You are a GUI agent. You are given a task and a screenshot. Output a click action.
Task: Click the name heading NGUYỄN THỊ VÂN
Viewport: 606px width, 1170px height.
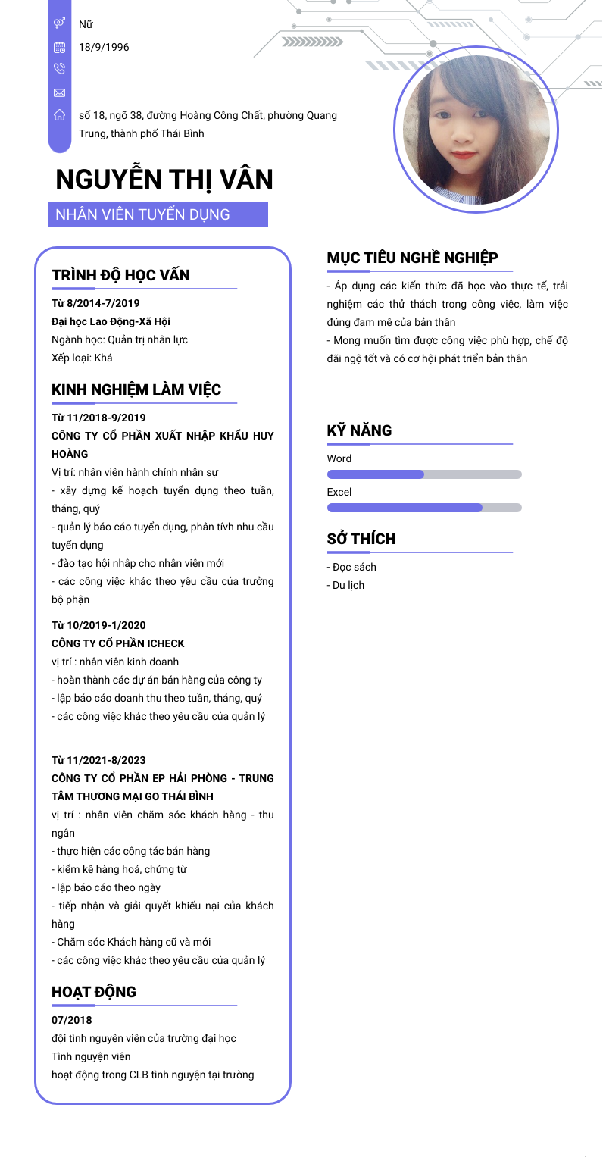point(164,180)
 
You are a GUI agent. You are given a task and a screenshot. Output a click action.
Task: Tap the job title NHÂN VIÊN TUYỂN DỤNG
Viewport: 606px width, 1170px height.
point(142,214)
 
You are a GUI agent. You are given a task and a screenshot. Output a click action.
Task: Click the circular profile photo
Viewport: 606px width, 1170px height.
point(476,130)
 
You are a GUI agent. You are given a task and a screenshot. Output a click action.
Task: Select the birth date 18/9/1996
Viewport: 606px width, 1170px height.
point(104,47)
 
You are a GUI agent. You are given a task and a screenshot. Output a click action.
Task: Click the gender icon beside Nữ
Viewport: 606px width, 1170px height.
point(59,24)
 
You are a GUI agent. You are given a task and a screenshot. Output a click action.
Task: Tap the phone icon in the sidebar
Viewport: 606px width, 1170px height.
point(59,69)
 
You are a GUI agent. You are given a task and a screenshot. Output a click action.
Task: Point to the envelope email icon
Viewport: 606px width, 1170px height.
point(59,92)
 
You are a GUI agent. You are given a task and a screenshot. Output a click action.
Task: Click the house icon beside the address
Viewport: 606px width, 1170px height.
point(59,115)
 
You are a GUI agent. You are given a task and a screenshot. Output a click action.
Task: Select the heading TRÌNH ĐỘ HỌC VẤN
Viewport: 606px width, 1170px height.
point(120,275)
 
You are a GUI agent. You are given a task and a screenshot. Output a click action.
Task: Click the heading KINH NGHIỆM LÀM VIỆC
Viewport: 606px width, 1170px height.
point(136,389)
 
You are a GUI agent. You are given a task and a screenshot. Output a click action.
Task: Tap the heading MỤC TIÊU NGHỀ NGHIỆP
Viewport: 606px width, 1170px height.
point(412,258)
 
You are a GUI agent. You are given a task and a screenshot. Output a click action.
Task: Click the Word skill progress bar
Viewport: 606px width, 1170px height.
point(424,474)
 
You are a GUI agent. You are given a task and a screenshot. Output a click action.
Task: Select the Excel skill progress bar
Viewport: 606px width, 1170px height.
point(424,508)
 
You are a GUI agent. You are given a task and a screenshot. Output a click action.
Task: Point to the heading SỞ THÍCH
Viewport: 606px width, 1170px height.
point(361,539)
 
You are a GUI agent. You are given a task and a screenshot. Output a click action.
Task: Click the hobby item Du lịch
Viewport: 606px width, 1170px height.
point(348,585)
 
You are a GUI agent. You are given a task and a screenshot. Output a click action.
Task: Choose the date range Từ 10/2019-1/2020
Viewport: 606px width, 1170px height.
point(98,625)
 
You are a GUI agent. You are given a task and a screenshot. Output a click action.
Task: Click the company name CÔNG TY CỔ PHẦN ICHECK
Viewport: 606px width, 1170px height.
point(117,643)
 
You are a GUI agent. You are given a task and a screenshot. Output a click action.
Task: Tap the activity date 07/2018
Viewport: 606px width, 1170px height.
point(71,1020)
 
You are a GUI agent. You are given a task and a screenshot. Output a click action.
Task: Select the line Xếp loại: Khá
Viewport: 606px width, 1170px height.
point(82,358)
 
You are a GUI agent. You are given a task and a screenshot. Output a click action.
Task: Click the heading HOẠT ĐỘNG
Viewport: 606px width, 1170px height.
point(94,992)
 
